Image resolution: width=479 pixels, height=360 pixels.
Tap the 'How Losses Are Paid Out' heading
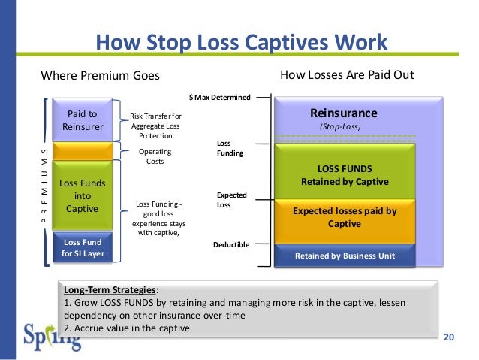click(347, 75)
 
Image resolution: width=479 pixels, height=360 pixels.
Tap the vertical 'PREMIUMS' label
click(44, 183)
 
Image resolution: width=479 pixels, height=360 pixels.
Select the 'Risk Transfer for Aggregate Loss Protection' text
click(155, 126)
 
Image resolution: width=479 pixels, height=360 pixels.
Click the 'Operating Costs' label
click(155, 156)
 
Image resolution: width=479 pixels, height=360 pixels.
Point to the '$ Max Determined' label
click(219, 97)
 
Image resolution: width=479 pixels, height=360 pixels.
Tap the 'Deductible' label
click(231, 244)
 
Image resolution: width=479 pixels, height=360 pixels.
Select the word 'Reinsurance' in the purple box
click(343, 113)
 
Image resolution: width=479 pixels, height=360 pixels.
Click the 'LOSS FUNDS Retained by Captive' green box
click(345, 175)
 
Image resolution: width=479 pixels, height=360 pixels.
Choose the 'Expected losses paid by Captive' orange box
click(345, 217)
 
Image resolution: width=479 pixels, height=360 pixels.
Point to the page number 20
click(450, 336)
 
